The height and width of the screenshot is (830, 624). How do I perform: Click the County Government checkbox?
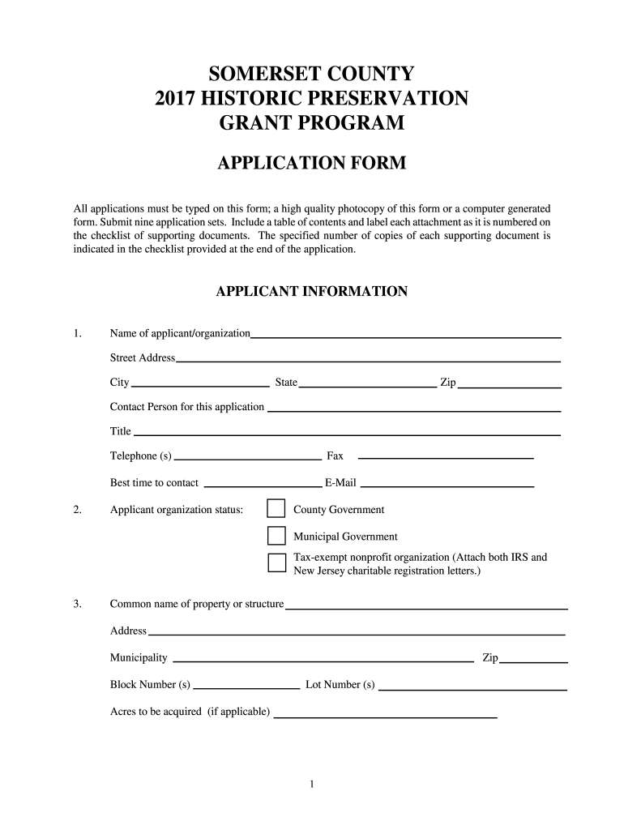coord(276,509)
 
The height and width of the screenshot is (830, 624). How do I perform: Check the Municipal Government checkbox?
coord(276,536)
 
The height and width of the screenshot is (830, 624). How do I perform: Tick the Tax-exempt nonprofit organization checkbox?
coord(276,563)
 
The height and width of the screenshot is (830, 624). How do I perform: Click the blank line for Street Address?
coord(368,359)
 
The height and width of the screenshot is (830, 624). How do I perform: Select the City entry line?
coord(200,384)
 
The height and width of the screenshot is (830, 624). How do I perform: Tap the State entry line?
coord(368,384)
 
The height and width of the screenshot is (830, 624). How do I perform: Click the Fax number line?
coord(446,457)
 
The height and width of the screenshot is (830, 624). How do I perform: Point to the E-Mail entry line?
coord(447,485)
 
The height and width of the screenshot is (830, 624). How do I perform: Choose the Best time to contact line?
coord(262,485)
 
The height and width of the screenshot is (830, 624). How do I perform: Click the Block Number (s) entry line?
coord(246,687)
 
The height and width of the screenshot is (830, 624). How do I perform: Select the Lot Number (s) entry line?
coord(472,687)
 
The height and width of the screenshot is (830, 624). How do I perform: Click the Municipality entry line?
coord(324,660)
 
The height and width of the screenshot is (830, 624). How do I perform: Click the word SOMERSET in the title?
coord(259,75)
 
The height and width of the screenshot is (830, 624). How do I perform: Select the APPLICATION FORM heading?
coord(312,165)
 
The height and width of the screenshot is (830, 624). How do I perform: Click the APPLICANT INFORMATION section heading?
coord(312,291)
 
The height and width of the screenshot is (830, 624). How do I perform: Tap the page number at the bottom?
coord(312,784)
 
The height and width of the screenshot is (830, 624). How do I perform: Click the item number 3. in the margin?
coord(77,604)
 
